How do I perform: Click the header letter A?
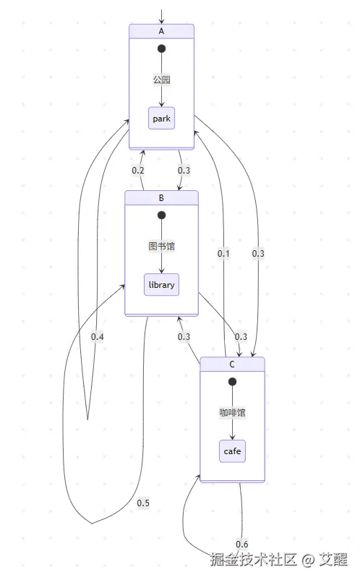point(161,31)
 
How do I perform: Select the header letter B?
point(161,198)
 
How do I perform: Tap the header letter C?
point(232,364)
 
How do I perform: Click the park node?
point(161,119)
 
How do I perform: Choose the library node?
point(161,285)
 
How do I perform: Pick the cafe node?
point(232,451)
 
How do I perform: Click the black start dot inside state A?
point(161,48)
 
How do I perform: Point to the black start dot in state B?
point(161,215)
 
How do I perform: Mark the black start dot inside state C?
point(232,381)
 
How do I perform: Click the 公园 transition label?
point(161,80)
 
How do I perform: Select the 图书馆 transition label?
point(161,246)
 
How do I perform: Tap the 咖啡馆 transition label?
point(232,412)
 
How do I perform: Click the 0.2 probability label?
point(138,171)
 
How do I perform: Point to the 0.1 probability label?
point(223,254)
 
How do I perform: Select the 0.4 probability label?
point(97,337)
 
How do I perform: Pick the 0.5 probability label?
point(143,503)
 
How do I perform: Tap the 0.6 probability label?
point(241,544)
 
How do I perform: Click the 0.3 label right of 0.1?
point(258,254)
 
